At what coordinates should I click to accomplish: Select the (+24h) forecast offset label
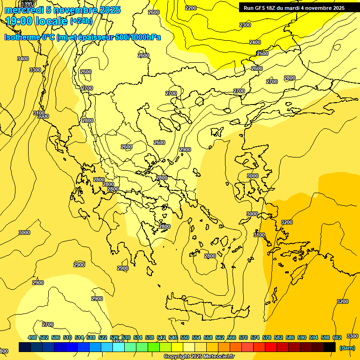click(81, 21)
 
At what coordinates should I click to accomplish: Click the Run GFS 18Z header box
click(294, 8)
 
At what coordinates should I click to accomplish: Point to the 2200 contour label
click(191, 8)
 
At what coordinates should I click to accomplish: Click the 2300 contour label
click(245, 25)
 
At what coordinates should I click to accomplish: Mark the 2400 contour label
click(255, 42)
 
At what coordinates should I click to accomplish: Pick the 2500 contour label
click(262, 53)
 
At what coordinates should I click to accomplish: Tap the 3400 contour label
click(22, 59)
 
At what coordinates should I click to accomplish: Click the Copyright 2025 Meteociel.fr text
click(199, 357)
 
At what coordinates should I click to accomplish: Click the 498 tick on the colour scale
click(32, 337)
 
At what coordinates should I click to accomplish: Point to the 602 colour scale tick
click(337, 337)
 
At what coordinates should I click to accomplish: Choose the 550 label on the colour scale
click(185, 337)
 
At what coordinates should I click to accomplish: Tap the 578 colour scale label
click(267, 337)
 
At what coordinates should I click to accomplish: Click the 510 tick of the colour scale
click(67, 337)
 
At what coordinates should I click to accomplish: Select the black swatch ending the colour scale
click(330, 347)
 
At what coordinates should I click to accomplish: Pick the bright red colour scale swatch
click(271, 347)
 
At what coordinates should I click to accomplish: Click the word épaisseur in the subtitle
click(93, 37)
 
